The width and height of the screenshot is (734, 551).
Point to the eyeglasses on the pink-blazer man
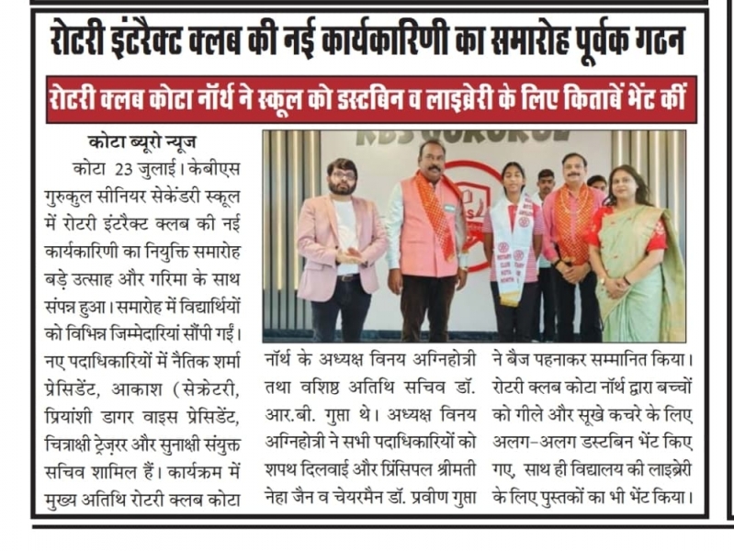pyautogui.click(x=341, y=175)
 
